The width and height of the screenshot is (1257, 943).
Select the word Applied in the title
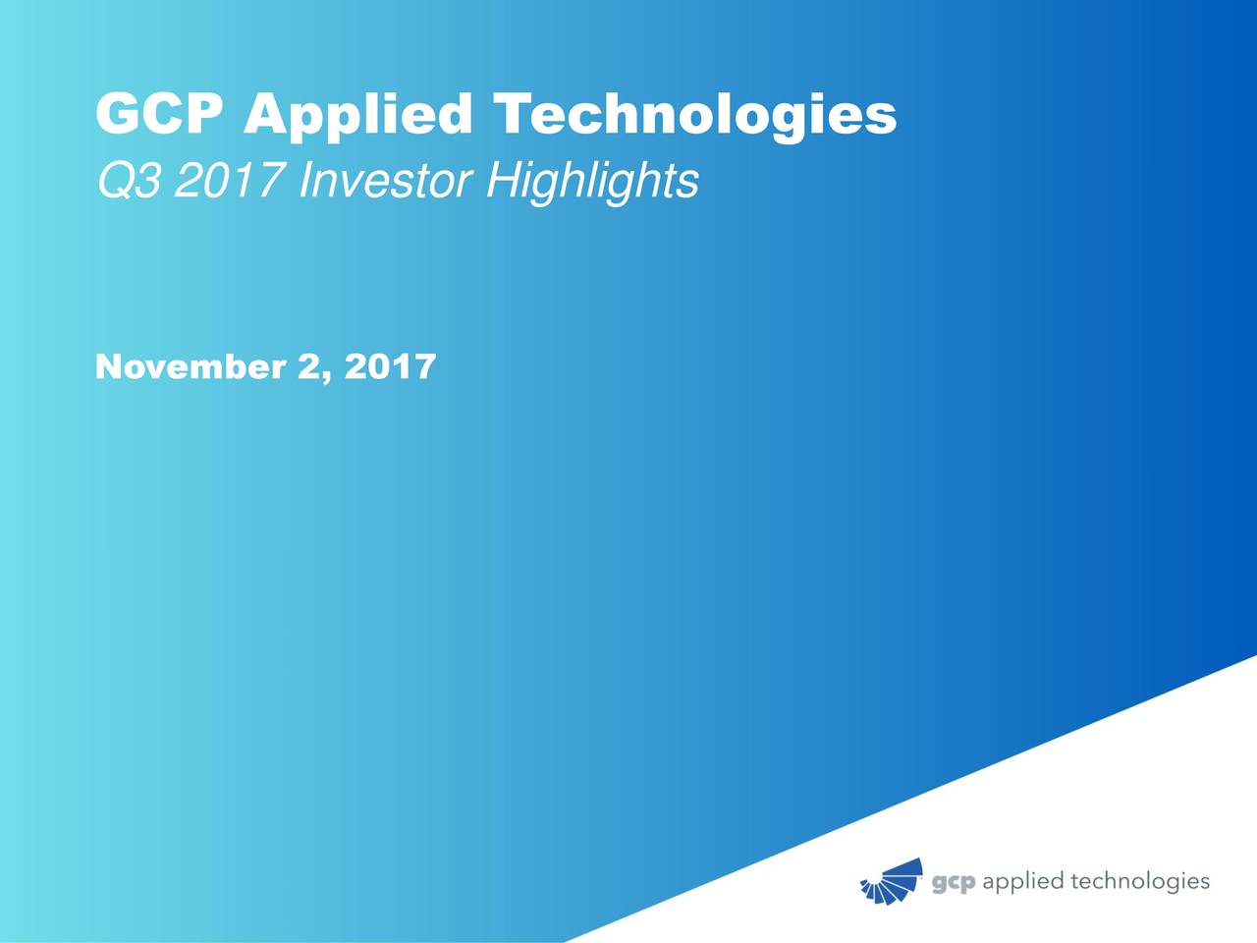tap(357, 117)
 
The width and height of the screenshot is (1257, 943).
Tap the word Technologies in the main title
tap(693, 117)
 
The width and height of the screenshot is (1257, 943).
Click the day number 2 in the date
tap(308, 367)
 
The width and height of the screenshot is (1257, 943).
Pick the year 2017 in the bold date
tap(390, 367)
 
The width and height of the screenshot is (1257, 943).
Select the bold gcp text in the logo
tap(953, 883)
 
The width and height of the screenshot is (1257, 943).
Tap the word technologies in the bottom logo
tap(1139, 882)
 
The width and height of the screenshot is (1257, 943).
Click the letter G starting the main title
tap(117, 115)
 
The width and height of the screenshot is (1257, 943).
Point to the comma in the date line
tap(326, 377)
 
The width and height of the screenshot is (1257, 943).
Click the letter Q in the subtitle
tap(113, 181)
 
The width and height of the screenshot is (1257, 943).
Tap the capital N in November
tap(109, 367)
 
